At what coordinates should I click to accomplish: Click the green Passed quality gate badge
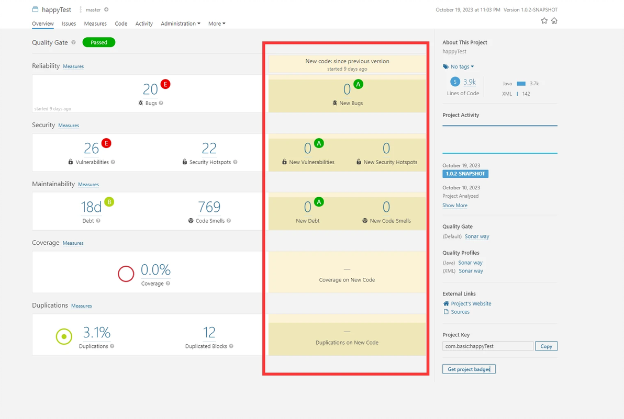98,42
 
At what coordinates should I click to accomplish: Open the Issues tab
69,24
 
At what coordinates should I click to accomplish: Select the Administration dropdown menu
181,24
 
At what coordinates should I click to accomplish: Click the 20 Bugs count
150,90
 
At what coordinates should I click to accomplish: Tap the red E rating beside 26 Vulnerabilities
106,143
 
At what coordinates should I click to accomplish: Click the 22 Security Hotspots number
209,149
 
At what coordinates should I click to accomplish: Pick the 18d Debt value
91,207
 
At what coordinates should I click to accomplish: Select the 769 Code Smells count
209,207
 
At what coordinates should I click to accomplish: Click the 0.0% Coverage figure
155,270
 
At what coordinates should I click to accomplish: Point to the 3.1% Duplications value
97,333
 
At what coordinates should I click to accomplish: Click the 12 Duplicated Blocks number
209,333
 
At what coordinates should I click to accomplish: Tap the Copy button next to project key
546,346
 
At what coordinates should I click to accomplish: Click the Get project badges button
469,369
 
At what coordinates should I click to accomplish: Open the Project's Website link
471,303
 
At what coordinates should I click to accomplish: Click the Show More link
455,206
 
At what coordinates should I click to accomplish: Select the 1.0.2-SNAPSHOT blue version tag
465,174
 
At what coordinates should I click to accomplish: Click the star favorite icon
544,21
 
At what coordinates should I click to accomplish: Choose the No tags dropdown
459,66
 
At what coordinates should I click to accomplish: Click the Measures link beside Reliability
73,66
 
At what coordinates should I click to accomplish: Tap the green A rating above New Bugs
358,84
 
